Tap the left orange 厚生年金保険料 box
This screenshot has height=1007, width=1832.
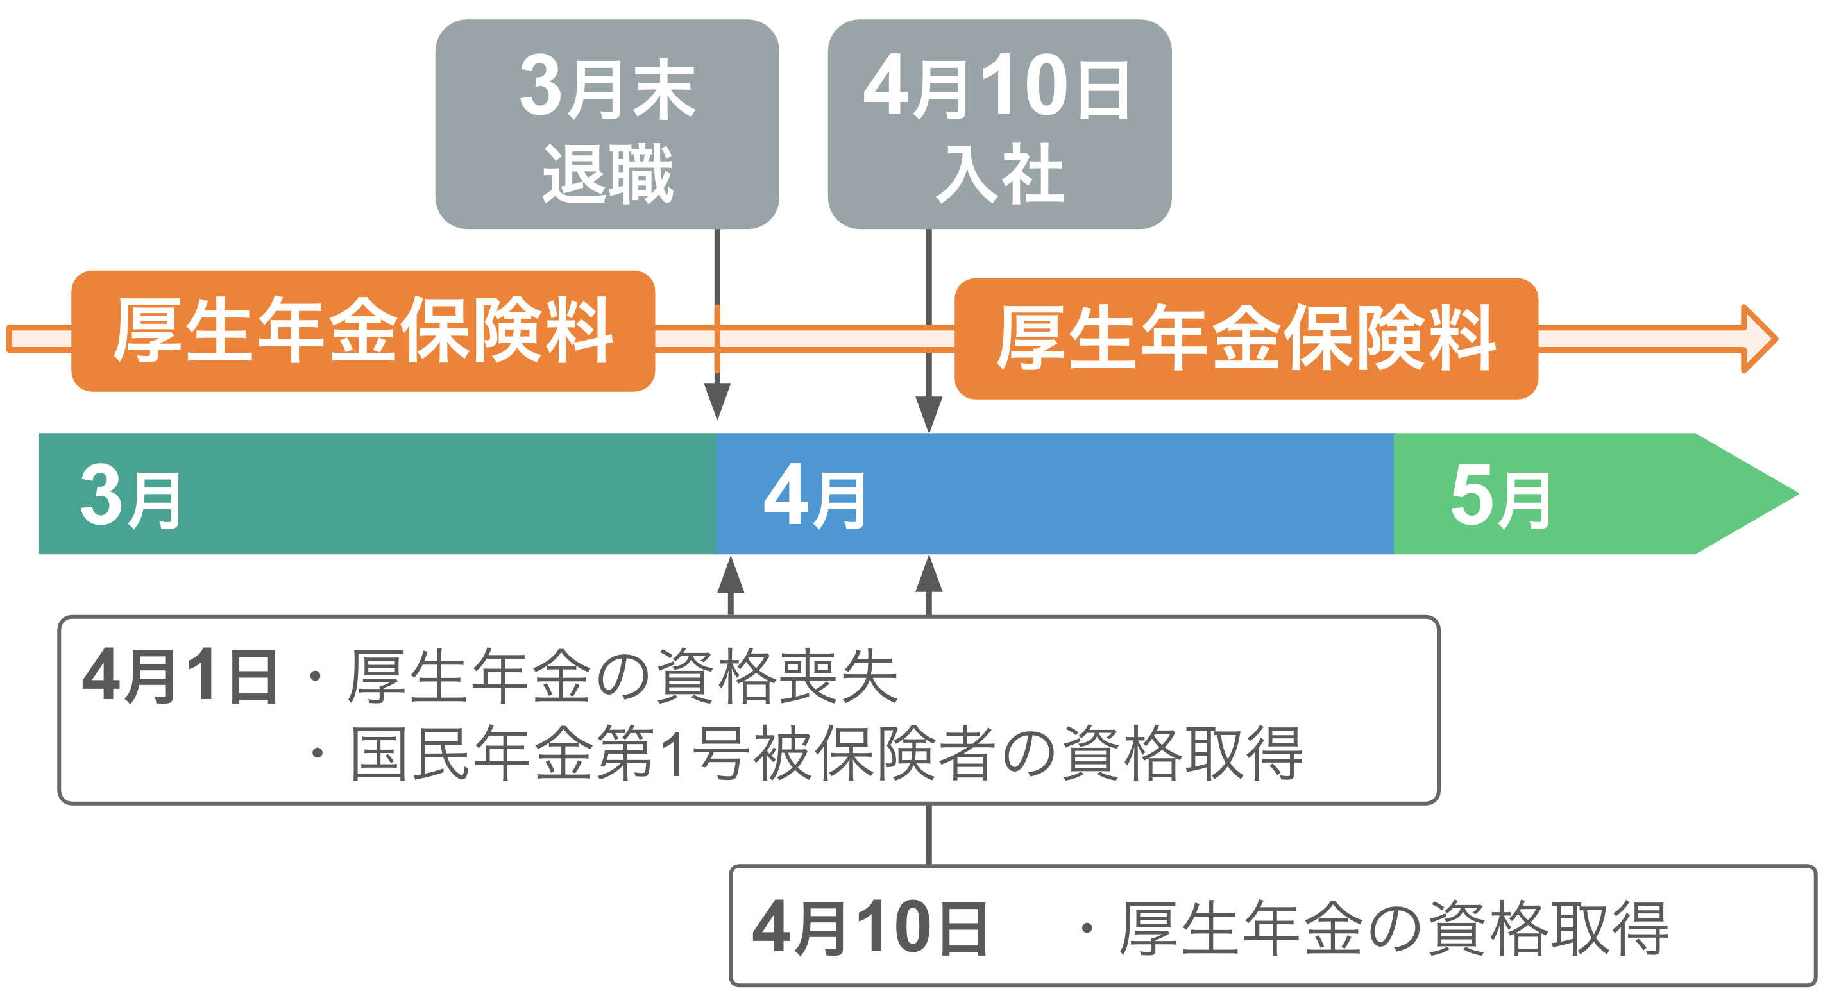coord(362,331)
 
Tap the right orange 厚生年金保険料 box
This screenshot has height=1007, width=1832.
coord(1245,339)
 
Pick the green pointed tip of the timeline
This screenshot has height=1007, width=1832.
coord(1749,493)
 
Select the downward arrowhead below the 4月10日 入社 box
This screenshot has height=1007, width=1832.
coord(929,413)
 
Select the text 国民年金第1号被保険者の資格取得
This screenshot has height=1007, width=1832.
coord(826,754)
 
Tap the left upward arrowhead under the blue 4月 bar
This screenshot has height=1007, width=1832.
coord(731,576)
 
